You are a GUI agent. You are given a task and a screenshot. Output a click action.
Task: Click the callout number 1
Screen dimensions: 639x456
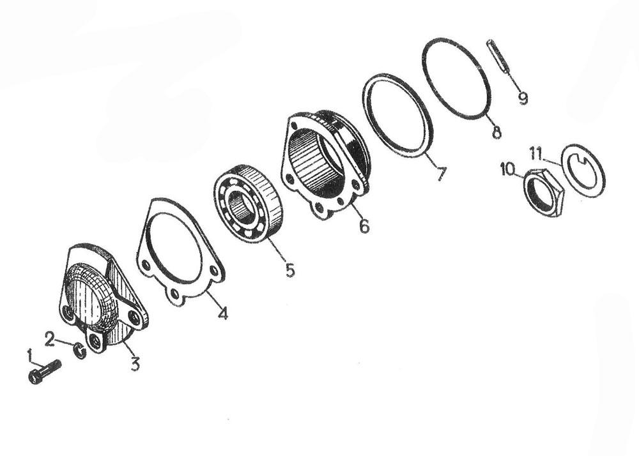coord(29,354)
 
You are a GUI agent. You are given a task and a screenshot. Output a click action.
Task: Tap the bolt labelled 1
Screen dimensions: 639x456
coord(45,371)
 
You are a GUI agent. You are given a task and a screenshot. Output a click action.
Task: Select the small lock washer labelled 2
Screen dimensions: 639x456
coord(80,351)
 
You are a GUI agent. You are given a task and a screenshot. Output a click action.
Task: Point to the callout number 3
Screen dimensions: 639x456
coord(135,363)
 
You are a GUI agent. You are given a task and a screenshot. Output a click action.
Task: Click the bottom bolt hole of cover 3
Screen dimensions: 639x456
coord(96,340)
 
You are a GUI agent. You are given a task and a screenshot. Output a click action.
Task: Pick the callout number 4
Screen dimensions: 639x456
coord(222,313)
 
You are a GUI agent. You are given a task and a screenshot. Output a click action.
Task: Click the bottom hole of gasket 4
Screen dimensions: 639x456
coord(175,293)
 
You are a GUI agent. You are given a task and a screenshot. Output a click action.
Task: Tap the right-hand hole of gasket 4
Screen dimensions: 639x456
coord(213,271)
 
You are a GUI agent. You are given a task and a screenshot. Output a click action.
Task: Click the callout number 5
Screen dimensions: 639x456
coord(289,270)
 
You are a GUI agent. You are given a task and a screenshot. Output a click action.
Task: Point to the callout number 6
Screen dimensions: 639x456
coord(364,225)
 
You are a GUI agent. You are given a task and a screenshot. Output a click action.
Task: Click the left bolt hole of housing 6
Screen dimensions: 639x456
coord(289,179)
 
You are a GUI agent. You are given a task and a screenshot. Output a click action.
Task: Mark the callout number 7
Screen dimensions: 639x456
coord(440,174)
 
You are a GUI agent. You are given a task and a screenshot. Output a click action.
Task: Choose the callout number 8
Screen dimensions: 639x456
coord(496,132)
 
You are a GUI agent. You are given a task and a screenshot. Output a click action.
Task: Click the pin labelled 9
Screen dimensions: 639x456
coord(498,56)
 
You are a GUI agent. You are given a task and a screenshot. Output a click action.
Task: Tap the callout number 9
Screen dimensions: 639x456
coord(523,98)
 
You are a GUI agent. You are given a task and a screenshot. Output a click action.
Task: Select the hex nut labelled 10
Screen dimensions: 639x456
coord(543,192)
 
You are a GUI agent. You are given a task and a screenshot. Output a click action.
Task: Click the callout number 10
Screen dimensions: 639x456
coord(508,169)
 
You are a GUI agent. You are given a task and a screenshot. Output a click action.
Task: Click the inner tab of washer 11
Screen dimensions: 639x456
coord(582,163)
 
